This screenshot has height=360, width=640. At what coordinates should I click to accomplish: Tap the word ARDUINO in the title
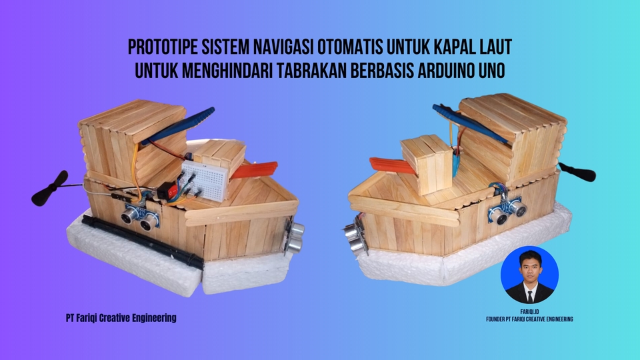(x=445, y=71)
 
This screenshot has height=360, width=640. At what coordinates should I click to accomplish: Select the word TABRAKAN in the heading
(x=312, y=71)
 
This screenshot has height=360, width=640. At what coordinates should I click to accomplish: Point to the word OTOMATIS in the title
(x=349, y=47)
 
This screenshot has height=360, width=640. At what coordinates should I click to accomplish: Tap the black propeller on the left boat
(x=50, y=188)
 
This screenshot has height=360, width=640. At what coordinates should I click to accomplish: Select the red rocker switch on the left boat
(x=168, y=190)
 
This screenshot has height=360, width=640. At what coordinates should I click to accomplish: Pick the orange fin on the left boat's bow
(x=255, y=170)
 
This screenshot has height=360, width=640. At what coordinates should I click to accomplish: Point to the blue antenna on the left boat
(x=178, y=126)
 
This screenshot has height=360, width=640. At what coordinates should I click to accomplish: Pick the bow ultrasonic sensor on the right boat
(x=354, y=236)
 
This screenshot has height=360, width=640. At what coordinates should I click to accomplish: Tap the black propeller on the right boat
(x=577, y=172)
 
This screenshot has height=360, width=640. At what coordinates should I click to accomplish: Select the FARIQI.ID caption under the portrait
(x=530, y=312)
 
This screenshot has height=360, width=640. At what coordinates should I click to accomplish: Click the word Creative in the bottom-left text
(x=119, y=317)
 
